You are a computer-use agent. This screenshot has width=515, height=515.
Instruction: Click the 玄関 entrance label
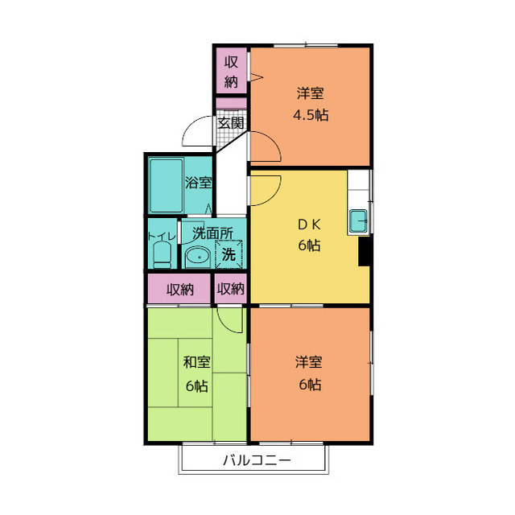[x=231, y=123]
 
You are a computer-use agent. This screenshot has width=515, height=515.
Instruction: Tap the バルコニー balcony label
[x=257, y=460]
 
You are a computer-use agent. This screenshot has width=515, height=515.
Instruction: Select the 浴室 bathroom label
[x=198, y=183]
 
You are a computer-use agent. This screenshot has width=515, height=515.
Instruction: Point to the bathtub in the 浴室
[x=167, y=185]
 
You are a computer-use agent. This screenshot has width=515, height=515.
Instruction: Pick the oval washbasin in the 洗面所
[x=198, y=257]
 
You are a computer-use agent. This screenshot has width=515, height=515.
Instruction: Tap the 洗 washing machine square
[x=229, y=254]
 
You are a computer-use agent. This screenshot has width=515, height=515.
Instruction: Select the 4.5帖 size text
[x=311, y=115]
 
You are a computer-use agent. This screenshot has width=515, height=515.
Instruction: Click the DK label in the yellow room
[x=309, y=225]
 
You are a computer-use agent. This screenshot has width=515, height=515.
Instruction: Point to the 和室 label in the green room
[x=196, y=362]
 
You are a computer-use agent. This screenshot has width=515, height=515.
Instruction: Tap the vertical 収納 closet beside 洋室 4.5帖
[x=231, y=71]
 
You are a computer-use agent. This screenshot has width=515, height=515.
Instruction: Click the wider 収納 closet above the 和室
[x=179, y=289]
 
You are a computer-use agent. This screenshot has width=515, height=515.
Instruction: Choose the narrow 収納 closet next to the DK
[x=231, y=289]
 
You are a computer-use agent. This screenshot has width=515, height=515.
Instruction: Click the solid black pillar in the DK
[x=364, y=251]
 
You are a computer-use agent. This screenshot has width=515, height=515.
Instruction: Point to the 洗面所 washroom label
[x=212, y=233]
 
